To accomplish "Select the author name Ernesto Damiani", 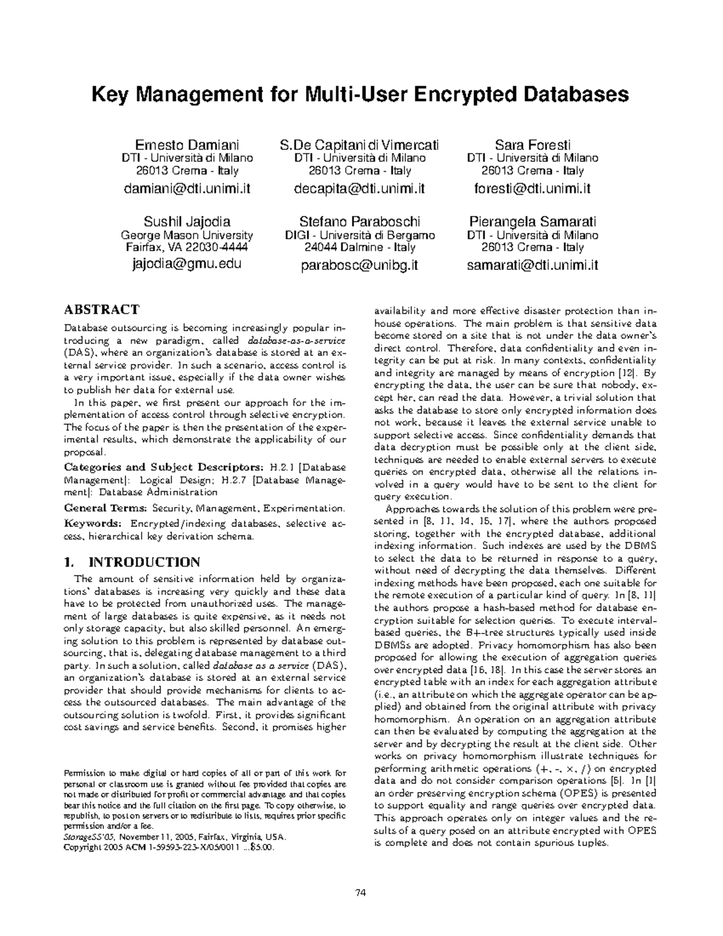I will (x=187, y=145).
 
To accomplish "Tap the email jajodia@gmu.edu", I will (x=187, y=263).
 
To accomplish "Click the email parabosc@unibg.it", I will (x=360, y=265).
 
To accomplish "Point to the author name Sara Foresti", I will (x=533, y=145).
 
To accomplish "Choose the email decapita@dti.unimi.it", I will (x=360, y=189).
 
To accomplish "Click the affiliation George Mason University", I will (x=187, y=235).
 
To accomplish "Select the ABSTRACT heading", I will (x=102, y=310).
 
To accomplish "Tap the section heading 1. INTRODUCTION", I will (x=132, y=562).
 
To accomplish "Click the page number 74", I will (x=361, y=893).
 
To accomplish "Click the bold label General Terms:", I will (x=105, y=509).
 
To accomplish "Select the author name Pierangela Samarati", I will (x=533, y=221).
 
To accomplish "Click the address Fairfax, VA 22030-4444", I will (x=187, y=247).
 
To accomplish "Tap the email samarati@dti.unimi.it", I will (x=533, y=265).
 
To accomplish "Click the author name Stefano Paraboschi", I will (x=360, y=221).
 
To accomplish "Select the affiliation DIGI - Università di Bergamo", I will (x=360, y=235).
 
